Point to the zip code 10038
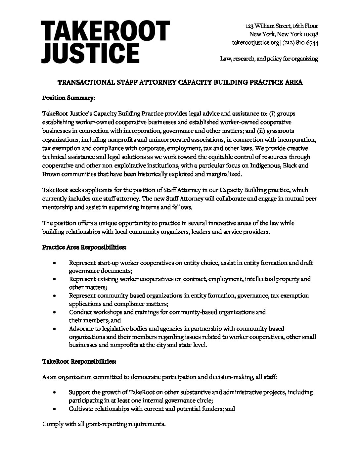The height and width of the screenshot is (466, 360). [x=310, y=34]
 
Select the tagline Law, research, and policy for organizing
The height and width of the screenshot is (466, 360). [x=269, y=59]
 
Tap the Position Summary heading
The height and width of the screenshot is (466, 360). [x=69, y=98]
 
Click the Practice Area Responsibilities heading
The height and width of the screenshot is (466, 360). [x=84, y=247]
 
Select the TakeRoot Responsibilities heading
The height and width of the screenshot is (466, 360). [x=79, y=362]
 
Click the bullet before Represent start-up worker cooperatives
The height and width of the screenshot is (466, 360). [x=54, y=263]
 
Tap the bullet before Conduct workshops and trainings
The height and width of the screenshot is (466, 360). [x=54, y=312]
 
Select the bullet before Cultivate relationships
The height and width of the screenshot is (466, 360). [x=54, y=409]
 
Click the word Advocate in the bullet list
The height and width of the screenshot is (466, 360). [x=80, y=329]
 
